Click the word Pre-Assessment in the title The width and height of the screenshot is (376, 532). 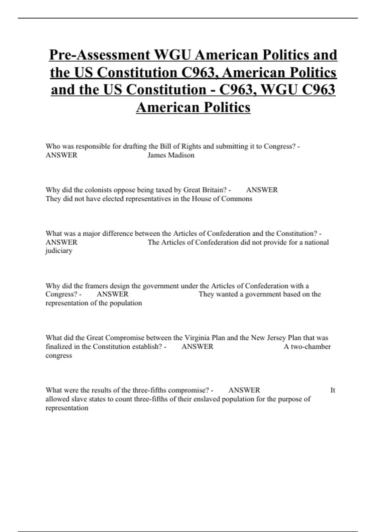pos(100,55)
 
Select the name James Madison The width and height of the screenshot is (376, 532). pos(171,155)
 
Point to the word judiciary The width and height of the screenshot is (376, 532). pos(59,251)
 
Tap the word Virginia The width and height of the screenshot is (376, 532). pos(197,338)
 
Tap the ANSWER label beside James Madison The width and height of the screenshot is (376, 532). pos(61,155)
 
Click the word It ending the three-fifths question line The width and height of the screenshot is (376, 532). pos(333,390)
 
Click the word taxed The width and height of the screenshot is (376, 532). pos(163,190)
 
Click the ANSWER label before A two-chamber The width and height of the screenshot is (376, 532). pos(197,347)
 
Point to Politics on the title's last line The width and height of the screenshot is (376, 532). pos(227,107)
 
